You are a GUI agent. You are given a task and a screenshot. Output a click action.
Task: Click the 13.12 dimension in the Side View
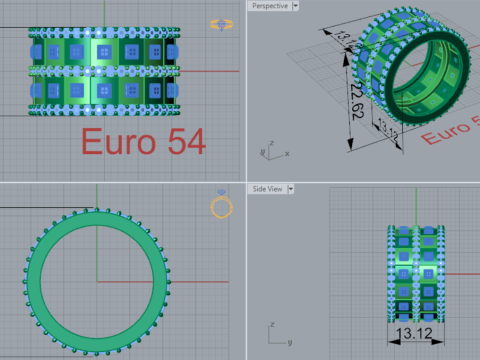(x=414, y=333)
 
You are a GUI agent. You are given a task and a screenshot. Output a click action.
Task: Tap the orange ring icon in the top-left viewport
(x=221, y=24)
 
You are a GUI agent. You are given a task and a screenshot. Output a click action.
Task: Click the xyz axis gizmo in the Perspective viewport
(x=267, y=149)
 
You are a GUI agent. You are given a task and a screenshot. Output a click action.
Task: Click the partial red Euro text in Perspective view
(x=455, y=131)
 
